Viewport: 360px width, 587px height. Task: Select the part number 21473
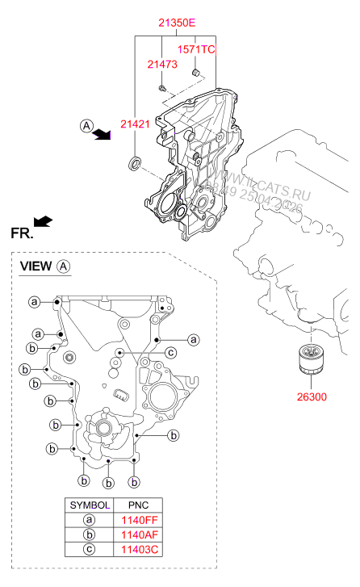pos(162,64)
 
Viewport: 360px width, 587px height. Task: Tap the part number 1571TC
pos(196,50)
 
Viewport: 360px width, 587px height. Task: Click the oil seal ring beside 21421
pos(135,166)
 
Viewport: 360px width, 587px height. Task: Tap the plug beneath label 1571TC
pos(195,75)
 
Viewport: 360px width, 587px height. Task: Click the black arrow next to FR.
pos(43,220)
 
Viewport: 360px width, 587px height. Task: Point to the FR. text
pos(21,233)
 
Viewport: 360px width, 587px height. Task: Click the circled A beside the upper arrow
pos(86,124)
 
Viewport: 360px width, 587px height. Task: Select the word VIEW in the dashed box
pos(36,266)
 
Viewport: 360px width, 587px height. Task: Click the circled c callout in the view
pos(171,352)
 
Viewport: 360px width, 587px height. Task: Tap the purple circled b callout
pos(135,482)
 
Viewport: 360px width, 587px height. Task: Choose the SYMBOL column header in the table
pos(89,505)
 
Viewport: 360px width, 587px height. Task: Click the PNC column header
pos(140,505)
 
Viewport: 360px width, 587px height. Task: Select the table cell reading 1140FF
pos(140,520)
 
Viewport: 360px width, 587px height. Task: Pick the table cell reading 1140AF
pos(140,535)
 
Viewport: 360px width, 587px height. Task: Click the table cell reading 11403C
pos(140,550)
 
